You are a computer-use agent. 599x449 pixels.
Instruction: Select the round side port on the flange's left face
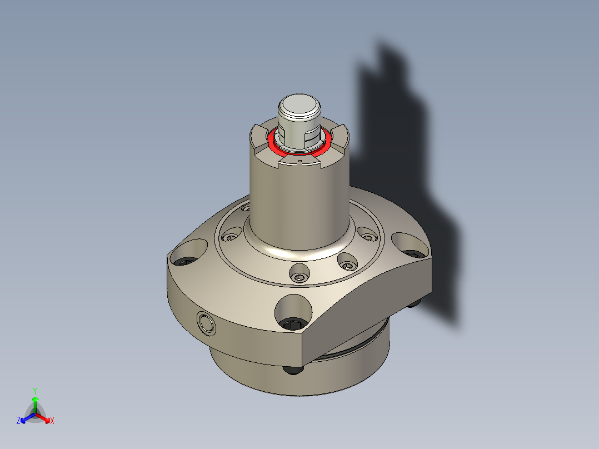coord(206,322)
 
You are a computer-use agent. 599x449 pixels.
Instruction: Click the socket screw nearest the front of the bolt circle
coord(300,274)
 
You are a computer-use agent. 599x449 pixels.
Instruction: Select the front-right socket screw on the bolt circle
coord(347,262)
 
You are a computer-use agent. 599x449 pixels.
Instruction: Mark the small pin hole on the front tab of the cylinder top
coord(300,160)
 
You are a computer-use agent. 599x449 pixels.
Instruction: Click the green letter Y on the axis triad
coord(34,391)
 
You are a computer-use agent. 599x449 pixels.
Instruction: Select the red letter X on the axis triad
coord(52,421)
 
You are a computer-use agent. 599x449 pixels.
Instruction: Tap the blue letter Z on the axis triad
coord(18,421)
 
